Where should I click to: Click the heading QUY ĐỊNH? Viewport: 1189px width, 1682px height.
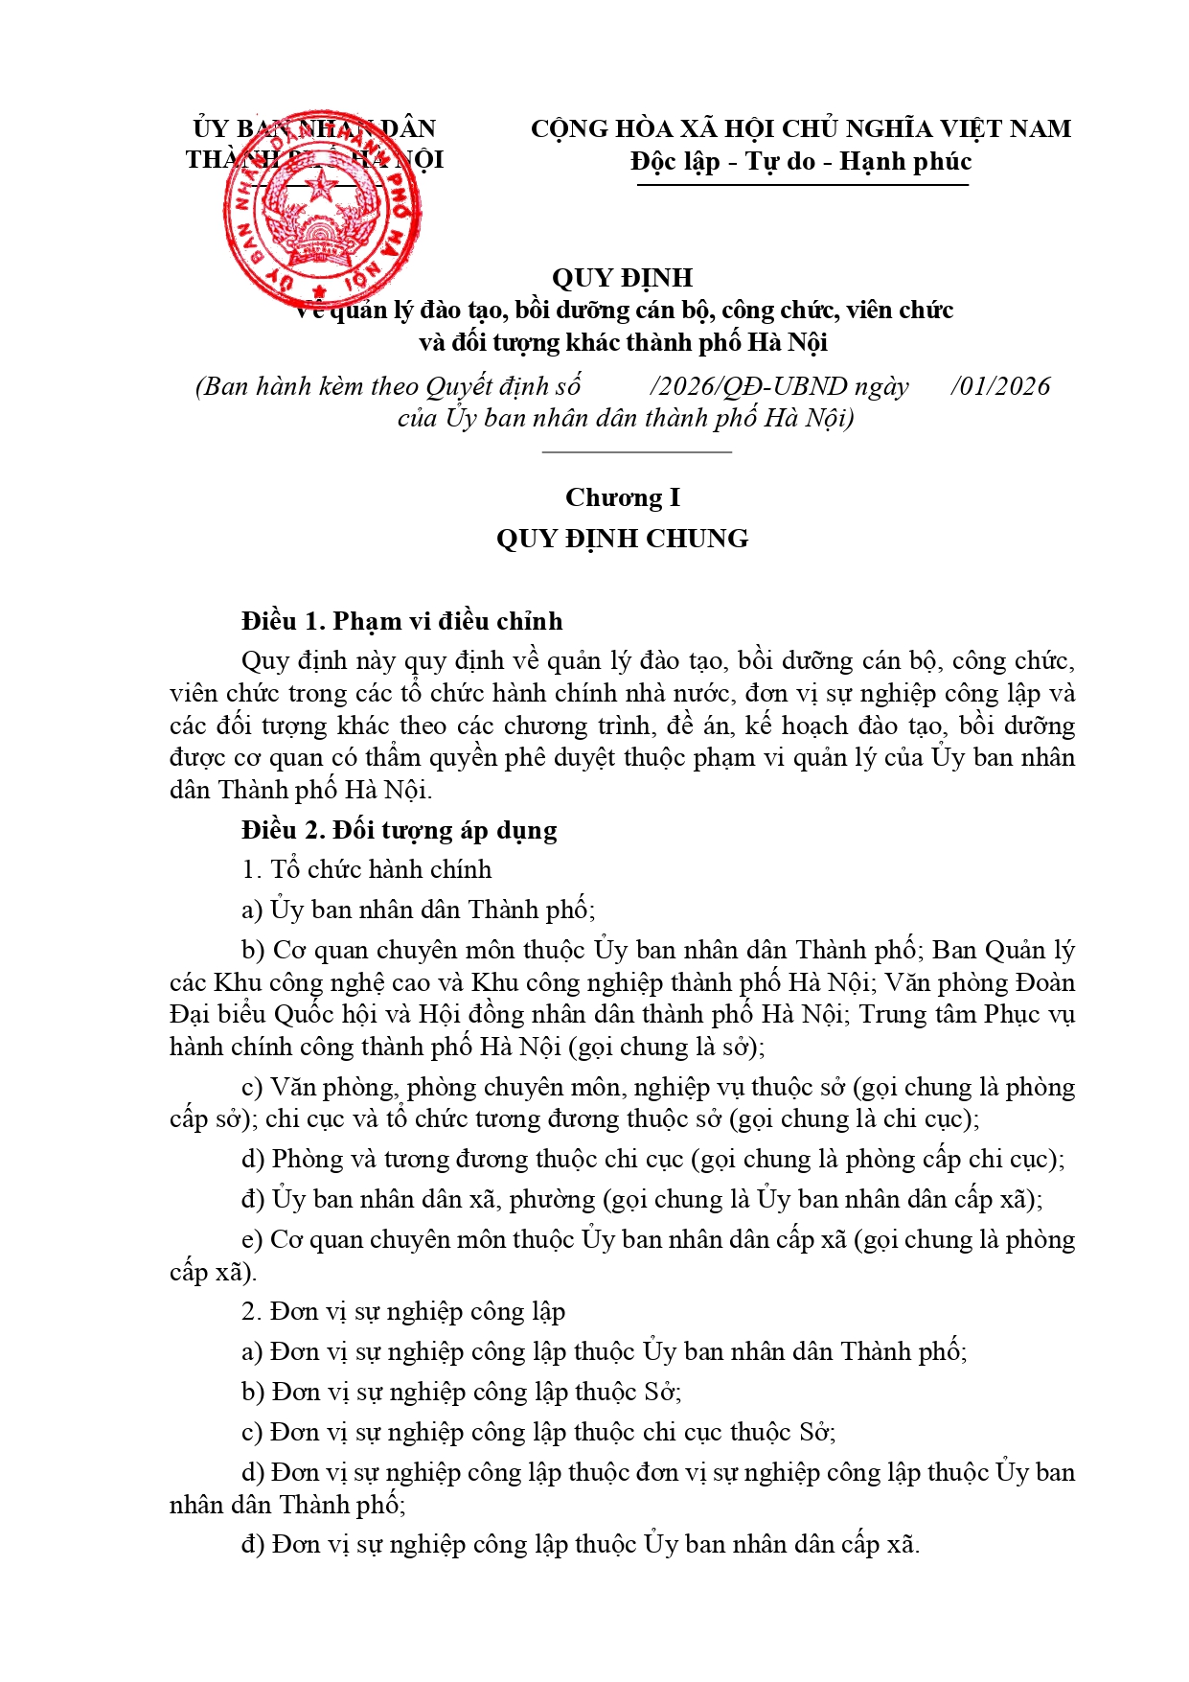[622, 278]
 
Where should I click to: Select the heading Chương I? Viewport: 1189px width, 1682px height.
[622, 497]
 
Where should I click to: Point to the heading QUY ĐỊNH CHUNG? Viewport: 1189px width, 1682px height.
[622, 539]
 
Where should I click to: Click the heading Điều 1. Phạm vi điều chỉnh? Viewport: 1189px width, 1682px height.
[401, 621]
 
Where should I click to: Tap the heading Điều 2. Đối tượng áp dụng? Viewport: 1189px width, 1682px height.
[399, 830]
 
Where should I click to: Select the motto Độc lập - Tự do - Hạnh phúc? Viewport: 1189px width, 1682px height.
[801, 161]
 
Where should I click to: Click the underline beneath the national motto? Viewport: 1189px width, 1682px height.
[802, 184]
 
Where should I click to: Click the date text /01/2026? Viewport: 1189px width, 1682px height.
[1000, 386]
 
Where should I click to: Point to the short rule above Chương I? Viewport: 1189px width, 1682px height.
[636, 450]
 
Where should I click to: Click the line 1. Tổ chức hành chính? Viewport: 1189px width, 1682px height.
[366, 869]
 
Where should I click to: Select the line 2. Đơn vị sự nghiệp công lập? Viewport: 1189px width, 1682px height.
[403, 1311]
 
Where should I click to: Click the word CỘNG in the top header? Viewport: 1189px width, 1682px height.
[570, 128]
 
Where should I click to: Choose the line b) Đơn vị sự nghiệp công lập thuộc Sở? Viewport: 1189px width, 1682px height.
[462, 1392]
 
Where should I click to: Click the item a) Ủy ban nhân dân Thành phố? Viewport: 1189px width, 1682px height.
[419, 910]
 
